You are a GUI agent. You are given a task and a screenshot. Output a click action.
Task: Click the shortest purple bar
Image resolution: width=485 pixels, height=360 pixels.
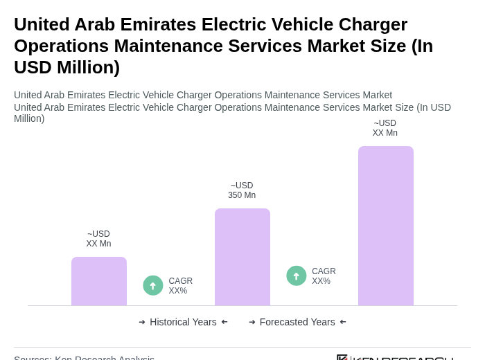point(99,281)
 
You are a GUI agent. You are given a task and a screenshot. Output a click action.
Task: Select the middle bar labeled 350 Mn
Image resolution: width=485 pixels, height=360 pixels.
point(242,257)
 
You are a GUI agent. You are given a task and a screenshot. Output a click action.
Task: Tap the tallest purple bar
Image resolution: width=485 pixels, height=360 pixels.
point(386,226)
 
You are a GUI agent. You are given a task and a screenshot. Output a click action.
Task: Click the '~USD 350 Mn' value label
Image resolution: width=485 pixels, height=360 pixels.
point(242,190)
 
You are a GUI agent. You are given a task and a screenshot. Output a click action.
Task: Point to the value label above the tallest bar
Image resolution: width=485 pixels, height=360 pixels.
point(385,128)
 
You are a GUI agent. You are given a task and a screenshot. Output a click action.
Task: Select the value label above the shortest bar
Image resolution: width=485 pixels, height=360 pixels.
point(98,239)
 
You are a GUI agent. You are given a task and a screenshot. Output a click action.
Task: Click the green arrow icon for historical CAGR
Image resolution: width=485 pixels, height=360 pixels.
point(153,285)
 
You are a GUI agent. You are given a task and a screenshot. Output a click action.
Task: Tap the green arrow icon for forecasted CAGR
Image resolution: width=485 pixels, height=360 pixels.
point(297,276)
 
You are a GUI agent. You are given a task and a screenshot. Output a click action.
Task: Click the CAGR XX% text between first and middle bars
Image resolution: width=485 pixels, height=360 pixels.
point(181,286)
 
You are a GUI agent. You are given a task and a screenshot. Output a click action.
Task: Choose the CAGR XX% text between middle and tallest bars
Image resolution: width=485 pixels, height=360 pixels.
point(324,276)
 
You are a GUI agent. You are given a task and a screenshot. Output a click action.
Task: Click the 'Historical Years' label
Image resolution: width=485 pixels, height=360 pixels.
point(183,322)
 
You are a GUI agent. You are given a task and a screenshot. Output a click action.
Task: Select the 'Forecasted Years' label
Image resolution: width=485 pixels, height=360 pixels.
point(297,322)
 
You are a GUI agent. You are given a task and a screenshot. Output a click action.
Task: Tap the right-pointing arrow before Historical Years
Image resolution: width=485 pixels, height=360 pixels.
point(142,322)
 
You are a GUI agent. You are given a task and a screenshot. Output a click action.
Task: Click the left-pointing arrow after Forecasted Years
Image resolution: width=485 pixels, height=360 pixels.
point(343,322)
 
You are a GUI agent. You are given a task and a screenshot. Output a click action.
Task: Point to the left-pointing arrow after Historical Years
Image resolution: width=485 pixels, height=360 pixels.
point(224,322)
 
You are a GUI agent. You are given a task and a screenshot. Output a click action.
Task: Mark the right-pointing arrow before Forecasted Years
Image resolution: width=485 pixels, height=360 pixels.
point(252,322)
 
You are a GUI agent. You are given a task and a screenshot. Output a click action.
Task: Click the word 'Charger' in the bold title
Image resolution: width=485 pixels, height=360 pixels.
point(373,24)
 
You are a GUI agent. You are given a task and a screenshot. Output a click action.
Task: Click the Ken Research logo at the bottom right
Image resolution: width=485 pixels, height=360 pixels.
point(395,357)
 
